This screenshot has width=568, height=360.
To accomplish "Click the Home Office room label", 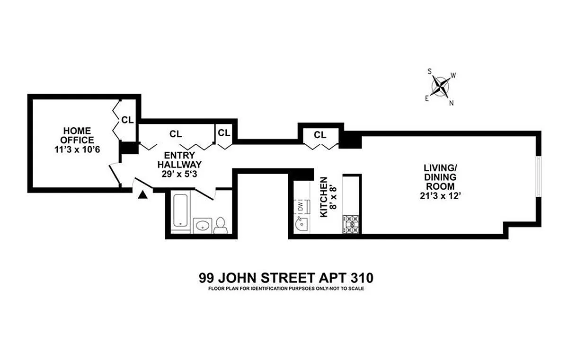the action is coord(79,135).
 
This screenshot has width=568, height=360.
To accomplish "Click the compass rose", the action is coord(441,87).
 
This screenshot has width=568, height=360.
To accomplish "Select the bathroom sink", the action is coord(203,225).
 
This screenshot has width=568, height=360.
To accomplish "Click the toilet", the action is coord(220,226).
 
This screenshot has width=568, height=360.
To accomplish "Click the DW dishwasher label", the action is coord(300,206).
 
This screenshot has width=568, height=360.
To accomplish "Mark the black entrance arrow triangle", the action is coord(142,193).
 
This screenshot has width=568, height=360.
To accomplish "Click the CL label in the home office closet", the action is coord(127,120).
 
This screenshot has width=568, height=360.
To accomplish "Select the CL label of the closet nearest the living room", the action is coord(320,135).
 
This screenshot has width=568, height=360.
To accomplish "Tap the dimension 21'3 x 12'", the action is coord(440,195).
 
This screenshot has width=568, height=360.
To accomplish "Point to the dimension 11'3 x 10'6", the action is coord(79,149).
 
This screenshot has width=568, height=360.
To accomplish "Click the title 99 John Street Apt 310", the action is coord(284,277).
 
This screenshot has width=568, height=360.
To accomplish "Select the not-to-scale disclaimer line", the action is coord(284,288).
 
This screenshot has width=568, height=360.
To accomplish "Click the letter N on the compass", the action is coord(451,103).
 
